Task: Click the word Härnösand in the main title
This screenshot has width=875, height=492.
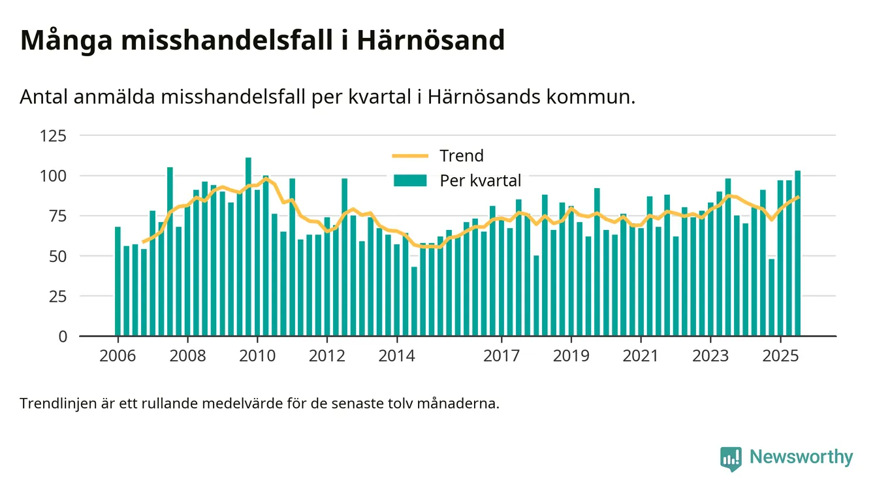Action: point(430,41)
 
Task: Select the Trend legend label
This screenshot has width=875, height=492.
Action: point(462,156)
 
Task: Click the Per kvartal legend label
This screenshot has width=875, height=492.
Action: point(481,180)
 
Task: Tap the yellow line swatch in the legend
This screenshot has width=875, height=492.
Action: point(410,156)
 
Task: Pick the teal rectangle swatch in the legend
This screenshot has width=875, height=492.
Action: point(410,180)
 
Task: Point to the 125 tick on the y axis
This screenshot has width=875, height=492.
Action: point(54,136)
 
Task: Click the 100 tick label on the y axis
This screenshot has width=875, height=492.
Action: point(54,176)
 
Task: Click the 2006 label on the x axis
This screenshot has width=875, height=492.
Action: point(118,357)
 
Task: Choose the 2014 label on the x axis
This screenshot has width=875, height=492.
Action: point(397,357)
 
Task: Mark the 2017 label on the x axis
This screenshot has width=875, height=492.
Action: point(501,357)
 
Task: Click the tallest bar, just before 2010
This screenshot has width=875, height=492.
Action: point(248,248)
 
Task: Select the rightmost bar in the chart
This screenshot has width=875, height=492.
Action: point(797,255)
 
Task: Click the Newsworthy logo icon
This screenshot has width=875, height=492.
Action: point(731,459)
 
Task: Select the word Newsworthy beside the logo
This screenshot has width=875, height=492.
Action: point(801,457)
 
